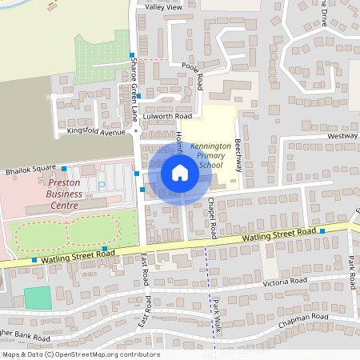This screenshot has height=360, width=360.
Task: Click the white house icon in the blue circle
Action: pos(179,173)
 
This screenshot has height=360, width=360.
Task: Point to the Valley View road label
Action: pos(164,6)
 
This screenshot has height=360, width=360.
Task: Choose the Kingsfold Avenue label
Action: pos(97,131)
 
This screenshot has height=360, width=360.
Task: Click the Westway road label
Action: pos(342,137)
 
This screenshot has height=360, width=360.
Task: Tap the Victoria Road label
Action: pos(287,282)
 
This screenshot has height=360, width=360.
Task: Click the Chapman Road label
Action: pos(303,321)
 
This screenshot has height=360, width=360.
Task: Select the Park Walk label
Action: pos(216,314)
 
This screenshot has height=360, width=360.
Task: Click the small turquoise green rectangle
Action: pos(37,298)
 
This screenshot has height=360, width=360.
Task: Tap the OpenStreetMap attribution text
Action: pos(80,354)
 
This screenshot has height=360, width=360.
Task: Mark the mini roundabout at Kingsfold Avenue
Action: pos(135,130)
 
